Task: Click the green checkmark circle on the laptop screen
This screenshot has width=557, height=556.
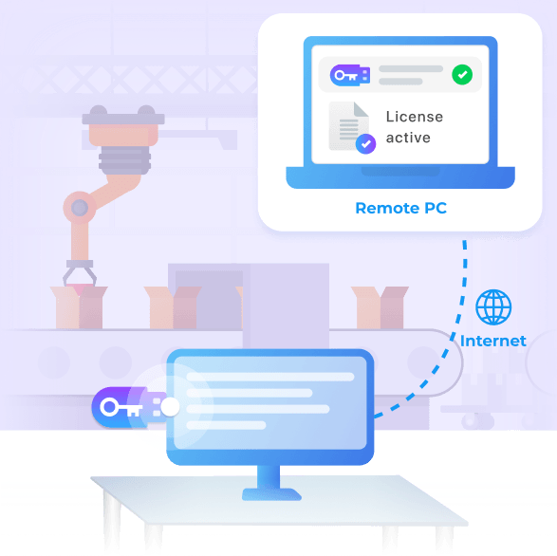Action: [x=462, y=75]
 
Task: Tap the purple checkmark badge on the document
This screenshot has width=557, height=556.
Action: [x=365, y=144]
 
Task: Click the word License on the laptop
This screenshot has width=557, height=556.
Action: [x=415, y=117]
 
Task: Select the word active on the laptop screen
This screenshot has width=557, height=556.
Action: [x=408, y=138]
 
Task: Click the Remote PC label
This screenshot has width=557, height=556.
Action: [x=401, y=208]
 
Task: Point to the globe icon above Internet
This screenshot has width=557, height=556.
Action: [x=493, y=307]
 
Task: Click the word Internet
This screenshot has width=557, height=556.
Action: [x=493, y=341]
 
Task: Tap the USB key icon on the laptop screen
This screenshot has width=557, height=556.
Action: [x=350, y=75]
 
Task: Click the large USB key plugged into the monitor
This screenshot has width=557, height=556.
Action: [x=129, y=407]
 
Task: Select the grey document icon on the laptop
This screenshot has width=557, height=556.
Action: [x=348, y=126]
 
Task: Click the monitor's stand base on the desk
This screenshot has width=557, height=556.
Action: [x=271, y=494]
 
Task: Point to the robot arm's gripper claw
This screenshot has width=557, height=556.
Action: [x=80, y=273]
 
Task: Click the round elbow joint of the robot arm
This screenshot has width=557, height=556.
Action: [x=80, y=208]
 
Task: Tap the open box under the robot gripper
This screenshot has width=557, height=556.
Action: [x=79, y=307]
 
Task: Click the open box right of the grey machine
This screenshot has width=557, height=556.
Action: [x=380, y=307]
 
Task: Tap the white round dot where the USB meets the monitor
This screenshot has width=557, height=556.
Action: [x=170, y=407]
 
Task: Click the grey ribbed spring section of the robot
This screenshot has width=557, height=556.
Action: [x=124, y=159]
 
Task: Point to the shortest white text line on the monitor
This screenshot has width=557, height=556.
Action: [x=226, y=425]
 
